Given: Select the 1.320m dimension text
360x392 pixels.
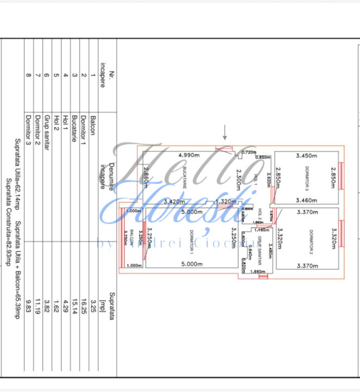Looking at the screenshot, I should point(225,201).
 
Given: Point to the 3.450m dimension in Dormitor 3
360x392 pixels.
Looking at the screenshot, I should point(306,156).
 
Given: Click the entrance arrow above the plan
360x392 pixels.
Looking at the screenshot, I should point(224,131).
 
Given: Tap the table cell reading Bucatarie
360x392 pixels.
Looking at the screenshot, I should point(74,130).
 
